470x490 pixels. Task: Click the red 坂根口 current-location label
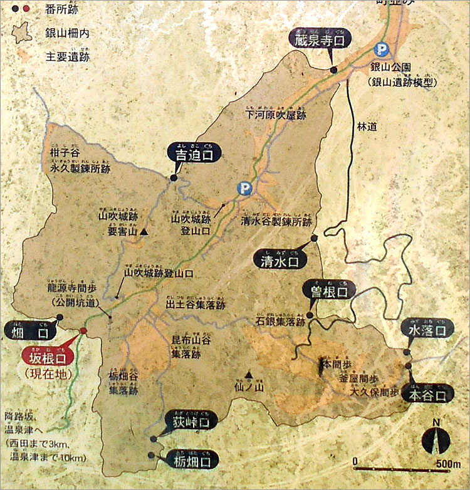(47, 357)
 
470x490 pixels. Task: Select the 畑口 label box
(29, 330)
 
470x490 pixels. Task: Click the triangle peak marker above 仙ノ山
(248, 375)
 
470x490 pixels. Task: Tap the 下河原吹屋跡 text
(275, 114)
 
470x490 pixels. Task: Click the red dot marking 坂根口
(82, 331)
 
